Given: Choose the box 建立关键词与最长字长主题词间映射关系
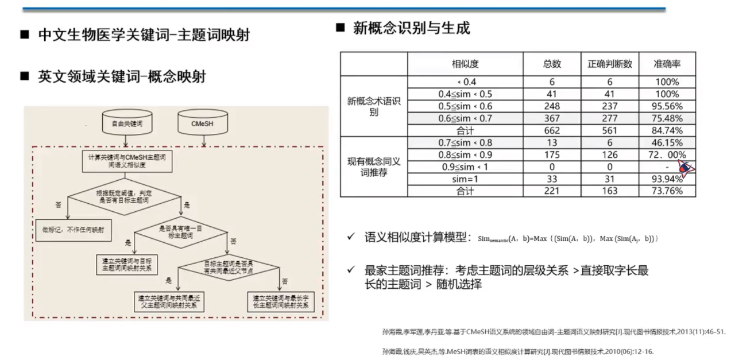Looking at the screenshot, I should pyautogui.click(x=280, y=301).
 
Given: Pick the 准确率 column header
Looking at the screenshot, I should pyautogui.click(x=667, y=64).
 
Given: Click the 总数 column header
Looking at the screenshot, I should pyautogui.click(x=551, y=64).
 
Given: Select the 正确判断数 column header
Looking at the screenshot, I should pyautogui.click(x=609, y=64).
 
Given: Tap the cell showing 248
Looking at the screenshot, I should pyautogui.click(x=551, y=106).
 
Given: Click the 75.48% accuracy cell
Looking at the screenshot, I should pyautogui.click(x=668, y=118).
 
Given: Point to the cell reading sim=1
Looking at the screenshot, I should pyautogui.click(x=465, y=179).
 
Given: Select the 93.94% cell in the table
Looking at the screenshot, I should pyautogui.click(x=668, y=179).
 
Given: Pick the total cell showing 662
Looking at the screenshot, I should pyautogui.click(x=551, y=130).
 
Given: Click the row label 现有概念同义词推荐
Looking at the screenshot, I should pyautogui.click(x=374, y=167).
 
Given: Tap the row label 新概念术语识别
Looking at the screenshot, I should pyautogui.click(x=374, y=106).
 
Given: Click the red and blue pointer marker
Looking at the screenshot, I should pyautogui.click(x=684, y=167).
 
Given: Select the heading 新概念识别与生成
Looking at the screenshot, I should pyautogui.click(x=411, y=28).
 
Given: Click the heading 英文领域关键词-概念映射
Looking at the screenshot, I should pyautogui.click(x=121, y=76).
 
